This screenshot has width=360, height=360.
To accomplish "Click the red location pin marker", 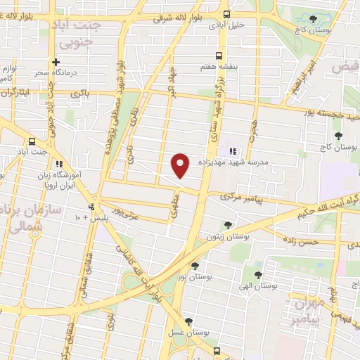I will (181, 165).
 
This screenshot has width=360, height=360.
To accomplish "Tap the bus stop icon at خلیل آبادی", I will (226, 13).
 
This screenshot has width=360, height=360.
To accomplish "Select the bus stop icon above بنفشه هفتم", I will (219, 56).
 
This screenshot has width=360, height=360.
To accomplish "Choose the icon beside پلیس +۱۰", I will (91, 207).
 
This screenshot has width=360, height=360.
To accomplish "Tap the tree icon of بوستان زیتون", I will (227, 226).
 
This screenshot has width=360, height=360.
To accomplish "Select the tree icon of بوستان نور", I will (195, 266).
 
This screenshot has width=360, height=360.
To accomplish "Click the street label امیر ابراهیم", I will (304, 75).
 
